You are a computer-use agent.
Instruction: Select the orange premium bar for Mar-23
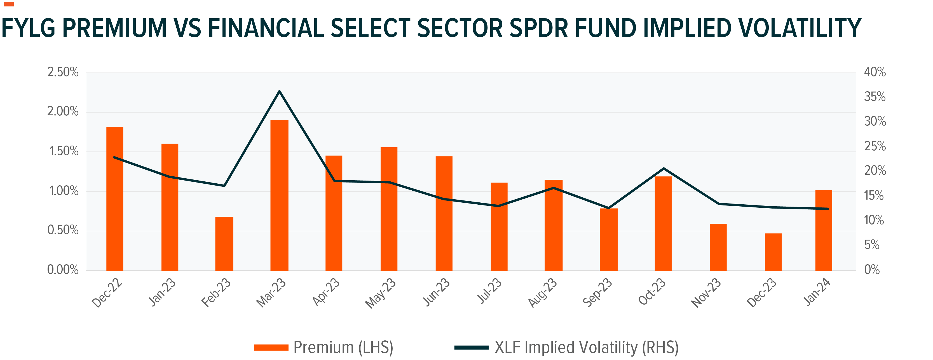279,196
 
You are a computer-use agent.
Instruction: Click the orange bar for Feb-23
224,244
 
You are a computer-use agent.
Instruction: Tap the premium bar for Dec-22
114,199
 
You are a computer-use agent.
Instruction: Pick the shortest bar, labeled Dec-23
773,252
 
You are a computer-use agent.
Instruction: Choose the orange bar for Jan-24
824,230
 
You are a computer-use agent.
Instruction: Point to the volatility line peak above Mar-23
279,91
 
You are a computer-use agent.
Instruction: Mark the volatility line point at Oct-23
664,169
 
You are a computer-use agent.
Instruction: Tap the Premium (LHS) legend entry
323,347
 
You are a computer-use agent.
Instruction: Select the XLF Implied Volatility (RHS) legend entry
566,347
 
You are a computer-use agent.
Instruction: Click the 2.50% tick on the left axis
63,72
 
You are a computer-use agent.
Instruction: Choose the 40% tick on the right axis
875,72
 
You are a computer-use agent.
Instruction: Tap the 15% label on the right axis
874,196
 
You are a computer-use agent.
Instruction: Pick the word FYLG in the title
29,28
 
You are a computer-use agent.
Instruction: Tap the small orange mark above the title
8,4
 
